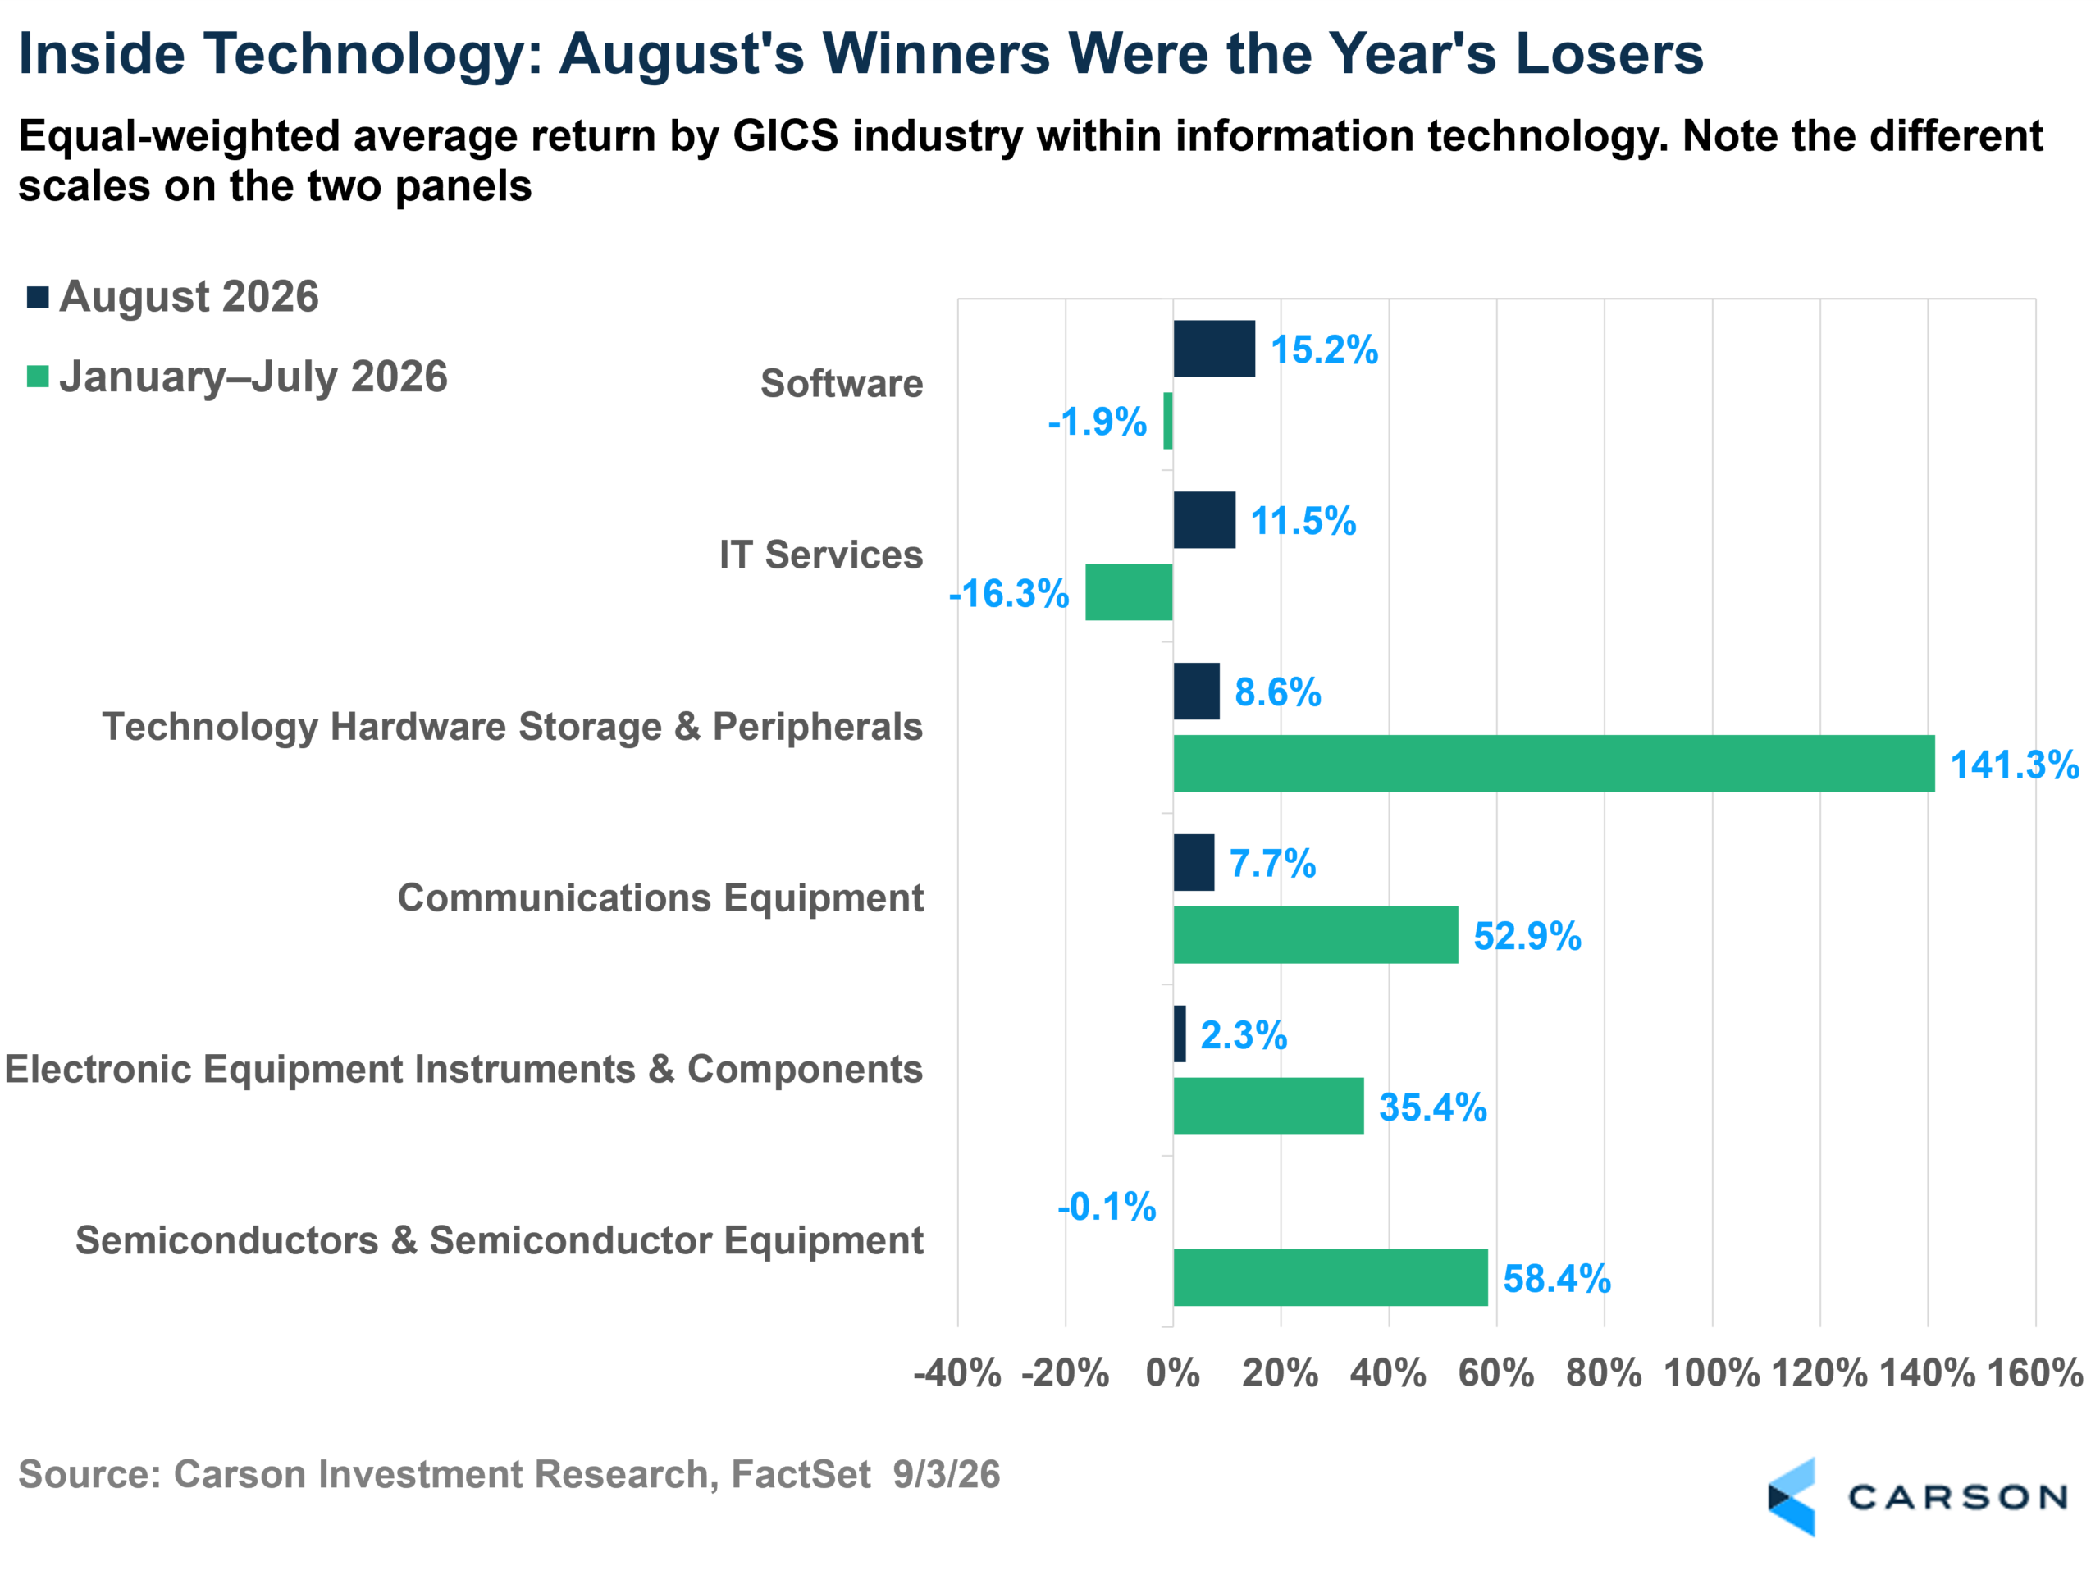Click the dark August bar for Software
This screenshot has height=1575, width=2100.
tap(1214, 349)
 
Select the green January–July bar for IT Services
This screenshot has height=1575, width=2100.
tap(1129, 592)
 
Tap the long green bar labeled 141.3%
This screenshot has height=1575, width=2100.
tap(1554, 763)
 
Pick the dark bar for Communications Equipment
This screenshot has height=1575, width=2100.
tap(1194, 862)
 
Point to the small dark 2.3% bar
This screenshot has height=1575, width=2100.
tap(1180, 1034)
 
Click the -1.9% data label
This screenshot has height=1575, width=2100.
tap(1098, 422)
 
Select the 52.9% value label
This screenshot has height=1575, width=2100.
tap(1527, 936)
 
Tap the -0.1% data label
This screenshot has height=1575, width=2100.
tap(1107, 1207)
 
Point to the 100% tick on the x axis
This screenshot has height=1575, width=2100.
tap(1713, 1372)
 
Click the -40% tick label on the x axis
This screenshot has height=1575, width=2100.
tap(957, 1372)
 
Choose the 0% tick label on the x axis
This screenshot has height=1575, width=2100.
tap(1173, 1372)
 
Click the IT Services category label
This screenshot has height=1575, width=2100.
tap(821, 555)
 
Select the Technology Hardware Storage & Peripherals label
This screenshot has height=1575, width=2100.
tap(513, 726)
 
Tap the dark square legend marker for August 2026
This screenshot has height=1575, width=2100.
tap(38, 297)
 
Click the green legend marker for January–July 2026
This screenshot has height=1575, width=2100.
tap(38, 376)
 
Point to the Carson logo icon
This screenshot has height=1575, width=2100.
tap(1792, 1497)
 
